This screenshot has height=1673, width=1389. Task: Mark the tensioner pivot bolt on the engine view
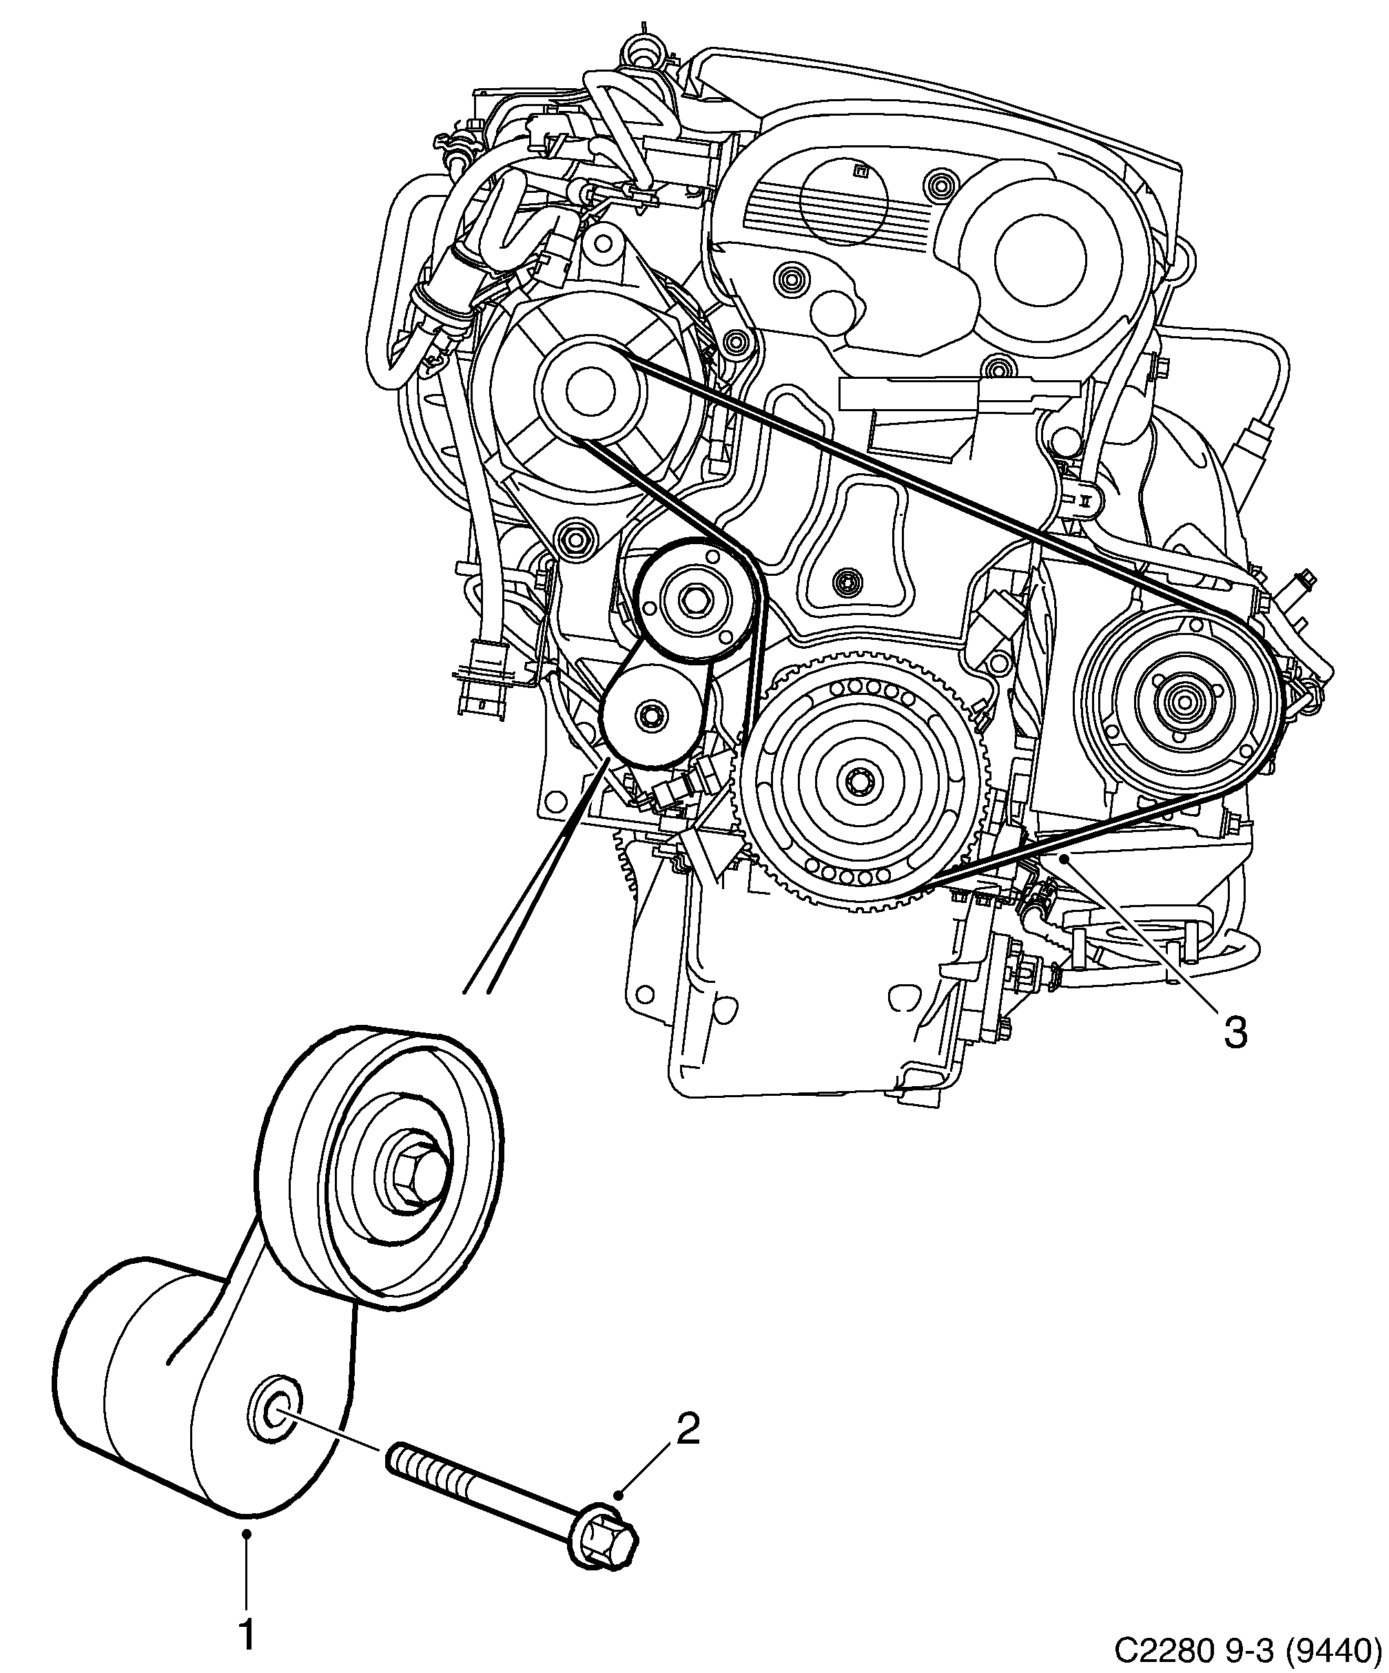[653, 714]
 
